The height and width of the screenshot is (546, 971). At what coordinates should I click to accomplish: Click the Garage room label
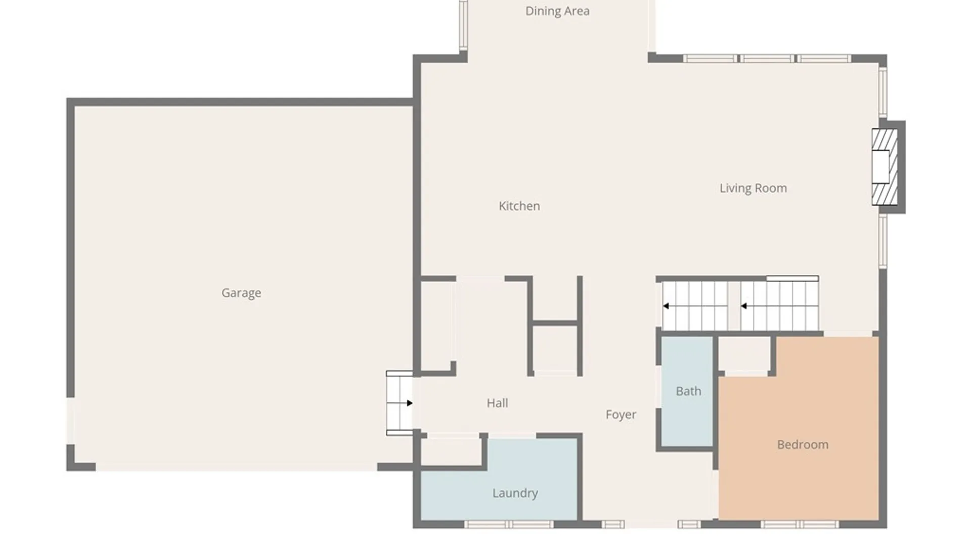click(x=241, y=293)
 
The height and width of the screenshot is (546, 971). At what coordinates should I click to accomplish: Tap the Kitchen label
click(x=519, y=206)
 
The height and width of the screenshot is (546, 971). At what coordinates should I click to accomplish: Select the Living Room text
click(x=753, y=188)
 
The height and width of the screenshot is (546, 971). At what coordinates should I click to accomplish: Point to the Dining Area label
click(x=557, y=11)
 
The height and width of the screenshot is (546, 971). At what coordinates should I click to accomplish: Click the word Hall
click(x=497, y=403)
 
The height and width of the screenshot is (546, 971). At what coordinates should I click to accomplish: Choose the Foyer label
click(x=621, y=415)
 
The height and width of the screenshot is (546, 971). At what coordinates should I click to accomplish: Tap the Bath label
click(x=688, y=391)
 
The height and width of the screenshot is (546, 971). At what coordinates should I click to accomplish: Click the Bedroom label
click(x=803, y=444)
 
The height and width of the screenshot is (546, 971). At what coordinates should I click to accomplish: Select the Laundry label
click(x=515, y=493)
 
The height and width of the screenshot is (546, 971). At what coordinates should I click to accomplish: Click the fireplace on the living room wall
click(x=885, y=167)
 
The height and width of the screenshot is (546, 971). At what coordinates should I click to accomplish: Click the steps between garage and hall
click(x=400, y=403)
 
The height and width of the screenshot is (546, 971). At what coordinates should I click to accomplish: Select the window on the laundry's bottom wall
click(x=509, y=524)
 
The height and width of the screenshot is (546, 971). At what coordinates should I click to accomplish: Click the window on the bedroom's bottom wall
click(x=800, y=524)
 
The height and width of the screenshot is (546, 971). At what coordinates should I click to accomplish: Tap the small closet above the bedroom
click(x=744, y=354)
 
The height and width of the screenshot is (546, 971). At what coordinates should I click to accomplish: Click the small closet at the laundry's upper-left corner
click(x=451, y=451)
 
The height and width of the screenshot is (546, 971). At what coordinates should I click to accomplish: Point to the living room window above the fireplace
click(x=883, y=93)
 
